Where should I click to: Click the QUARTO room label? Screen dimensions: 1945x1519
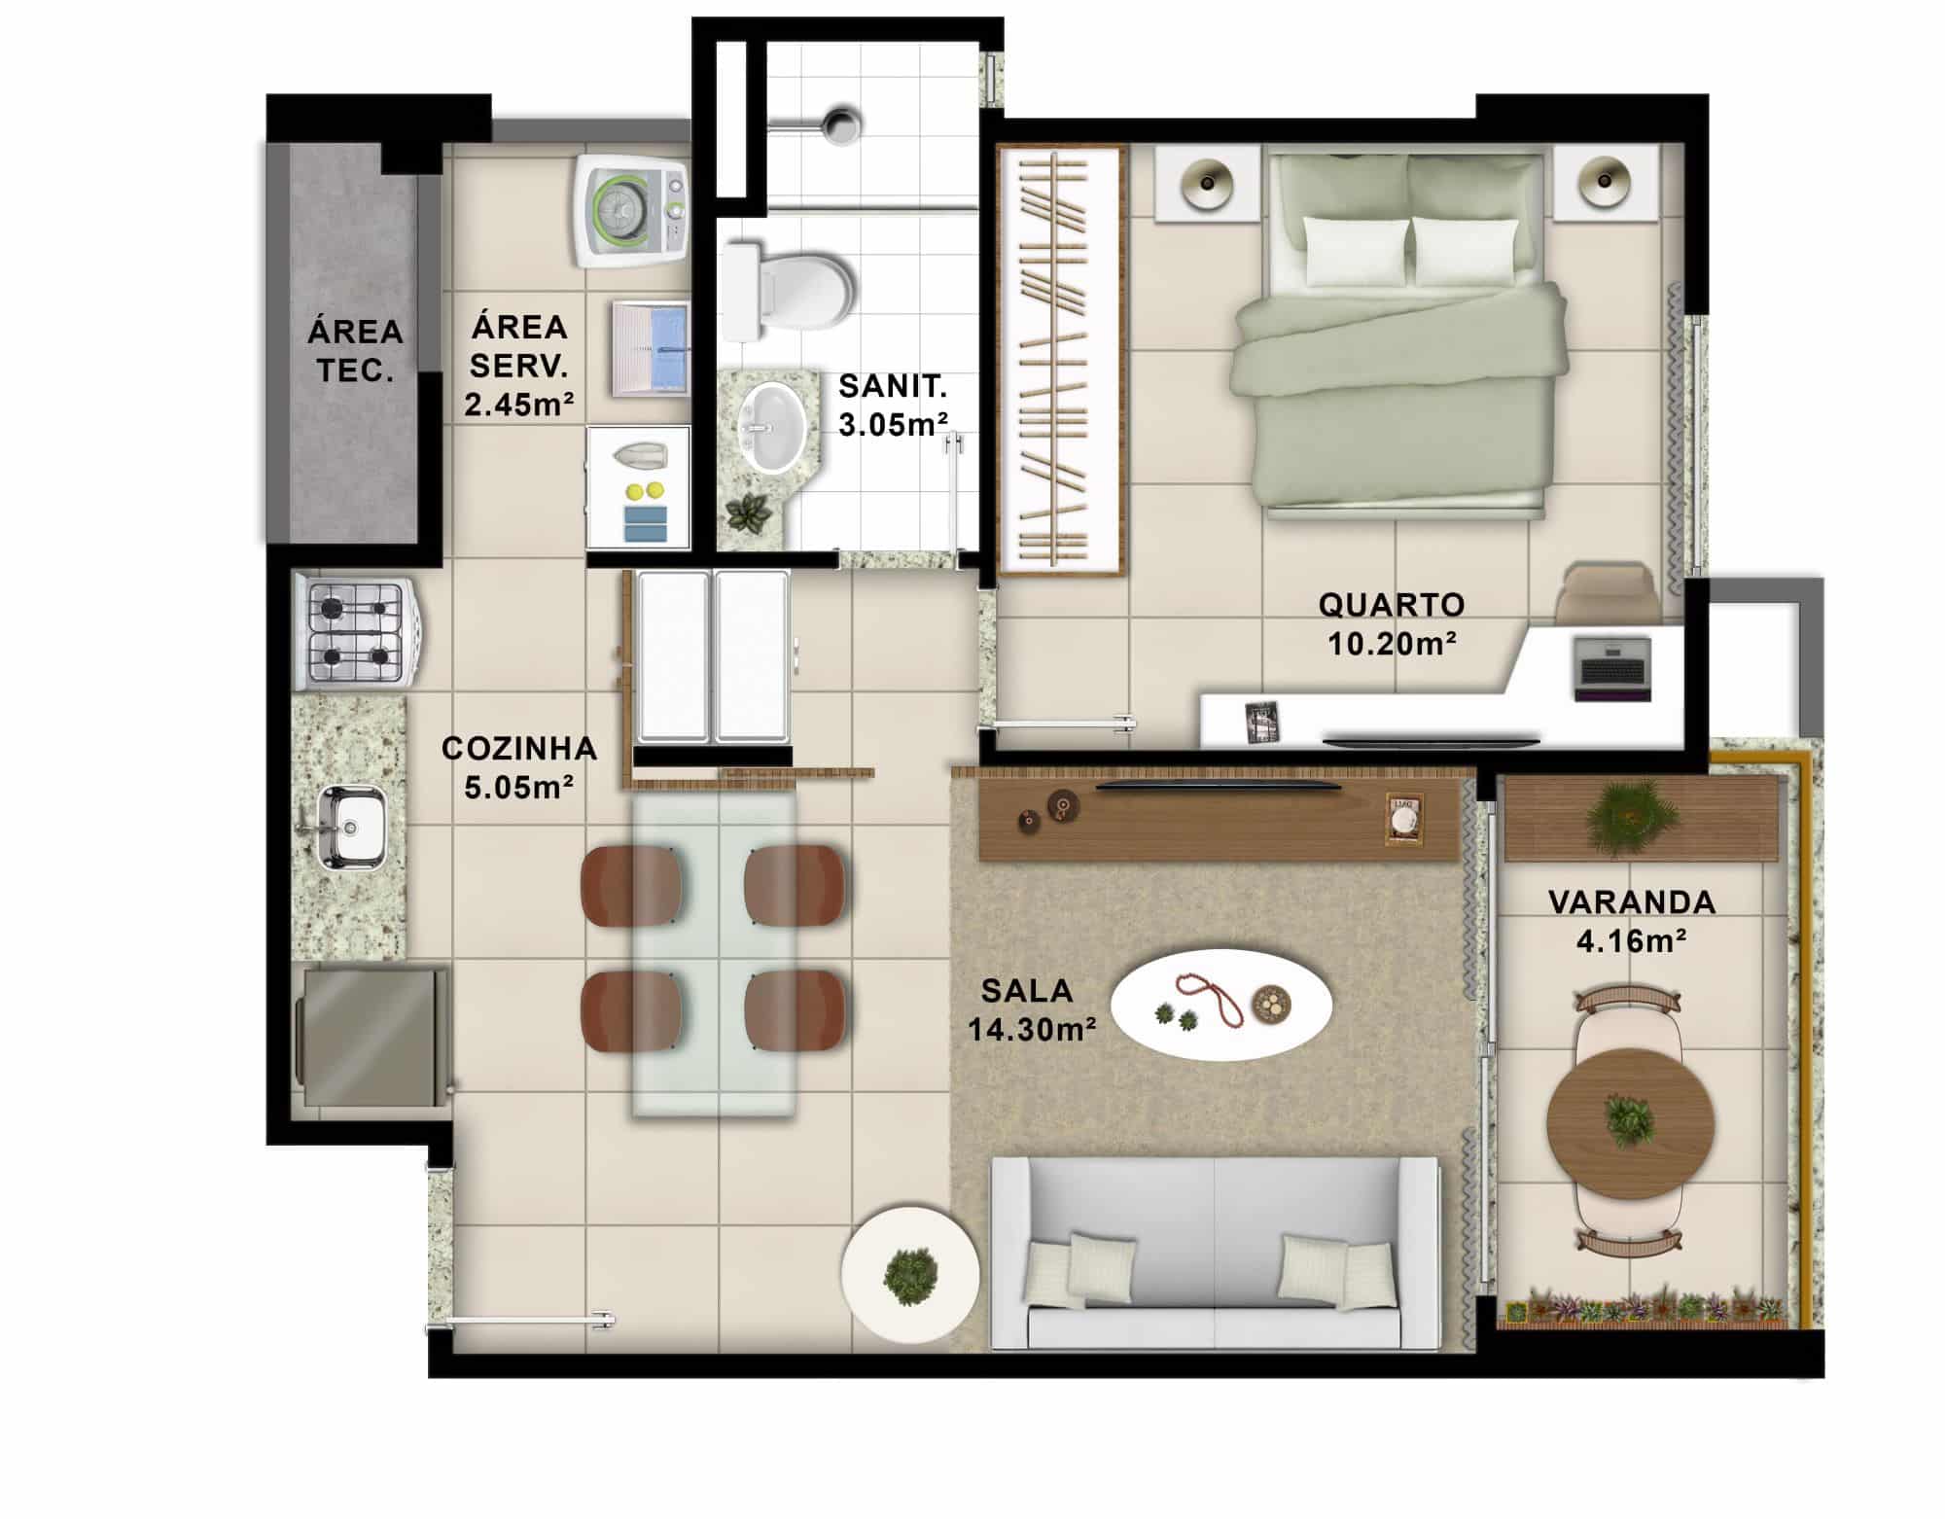point(1392,605)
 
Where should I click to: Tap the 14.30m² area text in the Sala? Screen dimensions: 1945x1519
point(1033,1029)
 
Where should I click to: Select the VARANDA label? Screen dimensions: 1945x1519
point(1632,902)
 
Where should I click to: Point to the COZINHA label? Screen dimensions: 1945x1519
point(519,748)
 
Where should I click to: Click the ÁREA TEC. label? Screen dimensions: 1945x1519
point(355,351)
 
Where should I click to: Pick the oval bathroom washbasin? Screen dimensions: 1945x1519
point(773,427)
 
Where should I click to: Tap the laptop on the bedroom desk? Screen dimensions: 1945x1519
point(1612,668)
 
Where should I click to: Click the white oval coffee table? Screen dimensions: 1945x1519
point(1220,1005)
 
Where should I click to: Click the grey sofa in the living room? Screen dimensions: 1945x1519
point(1215,1253)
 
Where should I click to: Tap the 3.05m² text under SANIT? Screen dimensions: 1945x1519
point(894,425)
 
